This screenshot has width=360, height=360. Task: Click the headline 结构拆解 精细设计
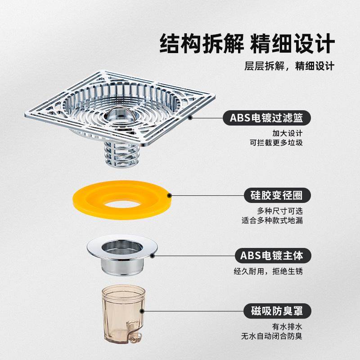pos(247,44)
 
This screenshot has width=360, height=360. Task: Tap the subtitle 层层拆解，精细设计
pos(289,66)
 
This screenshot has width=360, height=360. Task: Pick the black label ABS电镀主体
pos(273,256)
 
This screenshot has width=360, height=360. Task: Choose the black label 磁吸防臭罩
pos(278,311)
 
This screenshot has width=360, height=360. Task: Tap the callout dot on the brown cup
pos(143,311)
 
